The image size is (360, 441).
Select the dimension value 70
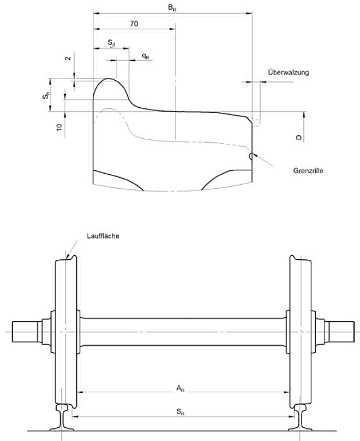point(134,24)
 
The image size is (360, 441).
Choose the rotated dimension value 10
point(59,127)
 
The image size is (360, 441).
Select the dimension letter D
point(299,138)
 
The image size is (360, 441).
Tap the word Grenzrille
point(308,170)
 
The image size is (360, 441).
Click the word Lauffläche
point(103,236)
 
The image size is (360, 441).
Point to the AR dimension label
point(179,388)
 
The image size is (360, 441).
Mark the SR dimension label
point(179,411)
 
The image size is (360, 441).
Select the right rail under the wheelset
point(302,416)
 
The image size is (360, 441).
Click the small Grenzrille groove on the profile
point(250,156)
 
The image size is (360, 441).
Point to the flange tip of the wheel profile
point(108,80)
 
